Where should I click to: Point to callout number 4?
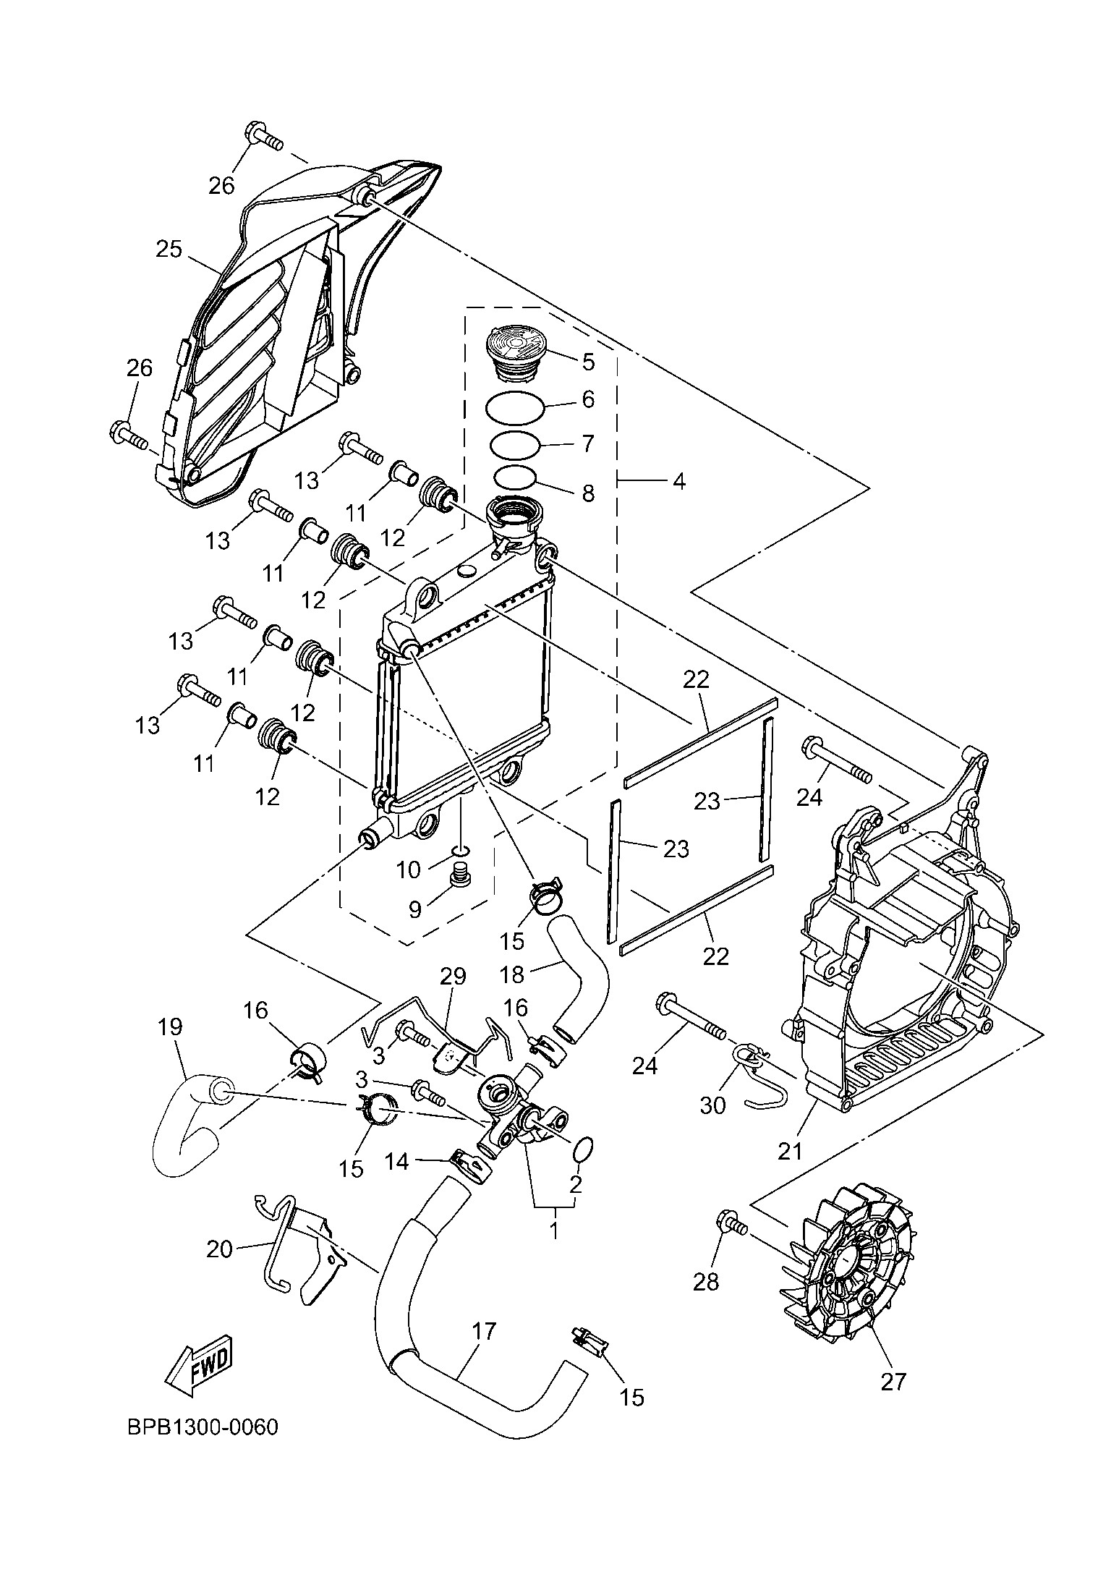coord(678,481)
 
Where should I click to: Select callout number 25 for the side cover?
coord(169,250)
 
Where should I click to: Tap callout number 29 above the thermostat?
coord(454,976)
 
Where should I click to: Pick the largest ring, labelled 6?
coord(515,409)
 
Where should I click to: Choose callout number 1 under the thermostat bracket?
coord(554,1230)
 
